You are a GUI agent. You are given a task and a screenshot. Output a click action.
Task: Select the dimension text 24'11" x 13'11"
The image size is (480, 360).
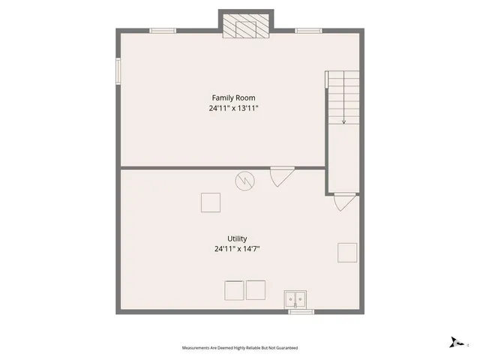point(239,108)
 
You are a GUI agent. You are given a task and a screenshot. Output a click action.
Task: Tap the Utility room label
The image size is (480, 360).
point(238,238)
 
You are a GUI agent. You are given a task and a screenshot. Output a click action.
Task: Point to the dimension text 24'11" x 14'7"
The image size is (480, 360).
point(238,249)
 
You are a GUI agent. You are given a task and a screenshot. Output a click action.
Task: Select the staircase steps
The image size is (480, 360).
point(343,94)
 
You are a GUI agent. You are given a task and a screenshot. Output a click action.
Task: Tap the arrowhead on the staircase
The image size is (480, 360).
point(343,121)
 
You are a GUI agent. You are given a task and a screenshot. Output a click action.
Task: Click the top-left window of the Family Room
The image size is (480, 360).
point(163,31)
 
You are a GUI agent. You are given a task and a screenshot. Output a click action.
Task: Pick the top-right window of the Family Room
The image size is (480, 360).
point(307,31)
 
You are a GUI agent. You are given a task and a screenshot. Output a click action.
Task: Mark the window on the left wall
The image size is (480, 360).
point(118,72)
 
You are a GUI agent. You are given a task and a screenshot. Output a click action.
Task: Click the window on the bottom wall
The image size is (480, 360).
point(301,310)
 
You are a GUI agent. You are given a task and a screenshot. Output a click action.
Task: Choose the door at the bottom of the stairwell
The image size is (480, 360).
point(344,201)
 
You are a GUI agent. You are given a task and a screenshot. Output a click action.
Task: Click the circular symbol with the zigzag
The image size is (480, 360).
point(244,181)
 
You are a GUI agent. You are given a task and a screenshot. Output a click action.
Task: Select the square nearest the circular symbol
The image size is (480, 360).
point(211,202)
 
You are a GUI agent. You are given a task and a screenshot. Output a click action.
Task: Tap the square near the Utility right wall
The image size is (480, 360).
point(347,252)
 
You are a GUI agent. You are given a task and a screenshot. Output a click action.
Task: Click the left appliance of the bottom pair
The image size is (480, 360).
point(234,290)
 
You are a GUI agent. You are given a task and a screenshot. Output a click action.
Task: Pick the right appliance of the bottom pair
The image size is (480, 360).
point(256,290)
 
